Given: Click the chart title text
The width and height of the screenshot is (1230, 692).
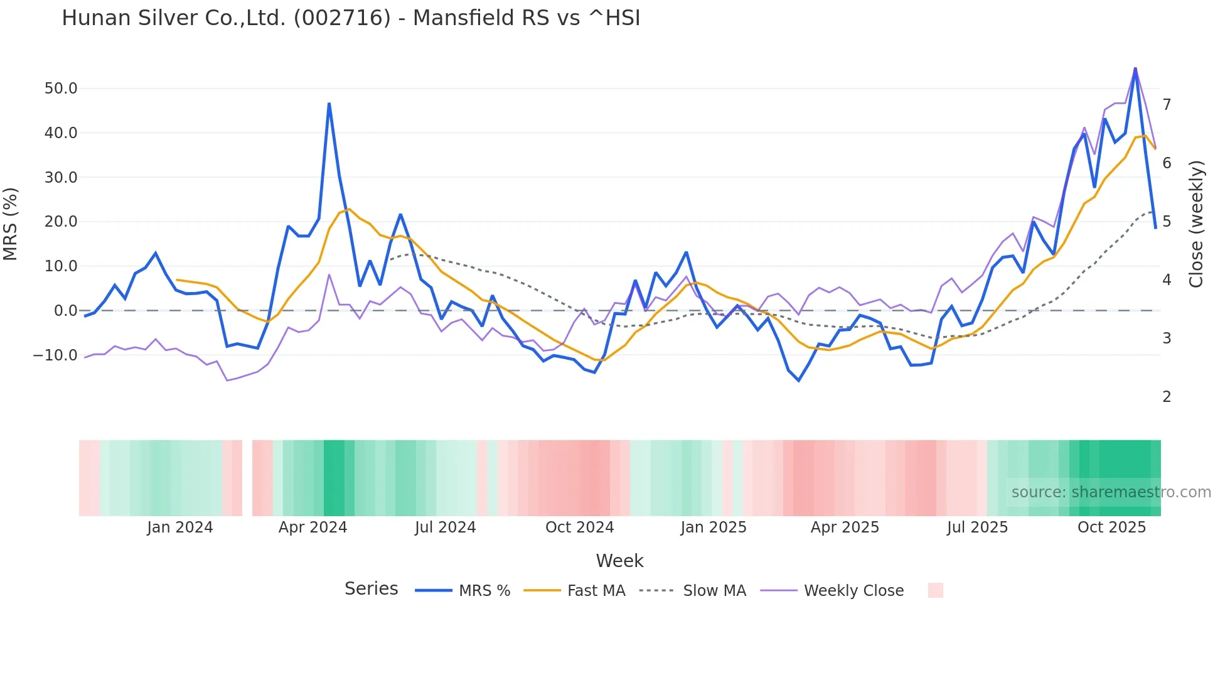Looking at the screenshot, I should (x=351, y=18).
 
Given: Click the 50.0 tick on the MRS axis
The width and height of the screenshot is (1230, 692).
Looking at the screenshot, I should (x=61, y=89).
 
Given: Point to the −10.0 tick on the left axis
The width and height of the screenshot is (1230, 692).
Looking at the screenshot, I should (x=55, y=355).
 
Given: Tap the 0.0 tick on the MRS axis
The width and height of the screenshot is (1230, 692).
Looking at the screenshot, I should (x=65, y=311).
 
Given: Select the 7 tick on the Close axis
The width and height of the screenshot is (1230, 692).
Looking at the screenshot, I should (x=1167, y=105).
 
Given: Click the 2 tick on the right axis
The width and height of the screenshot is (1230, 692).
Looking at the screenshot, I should (x=1167, y=397).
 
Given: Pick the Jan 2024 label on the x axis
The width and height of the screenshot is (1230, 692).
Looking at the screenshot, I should (x=180, y=527).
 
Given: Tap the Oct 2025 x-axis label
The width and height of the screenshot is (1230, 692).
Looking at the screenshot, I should (x=1111, y=527).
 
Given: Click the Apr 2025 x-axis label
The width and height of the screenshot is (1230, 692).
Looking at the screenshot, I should (x=845, y=527).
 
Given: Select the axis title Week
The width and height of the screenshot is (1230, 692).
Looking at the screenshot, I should (x=619, y=561).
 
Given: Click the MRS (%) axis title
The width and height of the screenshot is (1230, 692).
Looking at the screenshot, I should (x=11, y=224).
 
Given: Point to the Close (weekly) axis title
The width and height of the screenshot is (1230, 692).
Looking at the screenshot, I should (x=1196, y=224).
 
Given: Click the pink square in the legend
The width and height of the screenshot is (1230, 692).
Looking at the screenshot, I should (x=935, y=590).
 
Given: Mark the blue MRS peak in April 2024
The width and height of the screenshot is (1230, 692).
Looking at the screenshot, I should (x=329, y=104).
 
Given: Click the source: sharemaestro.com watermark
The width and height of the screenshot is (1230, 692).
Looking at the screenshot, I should (x=1111, y=492).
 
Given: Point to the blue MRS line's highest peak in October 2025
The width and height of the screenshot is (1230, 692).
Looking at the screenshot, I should (x=1135, y=69).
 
